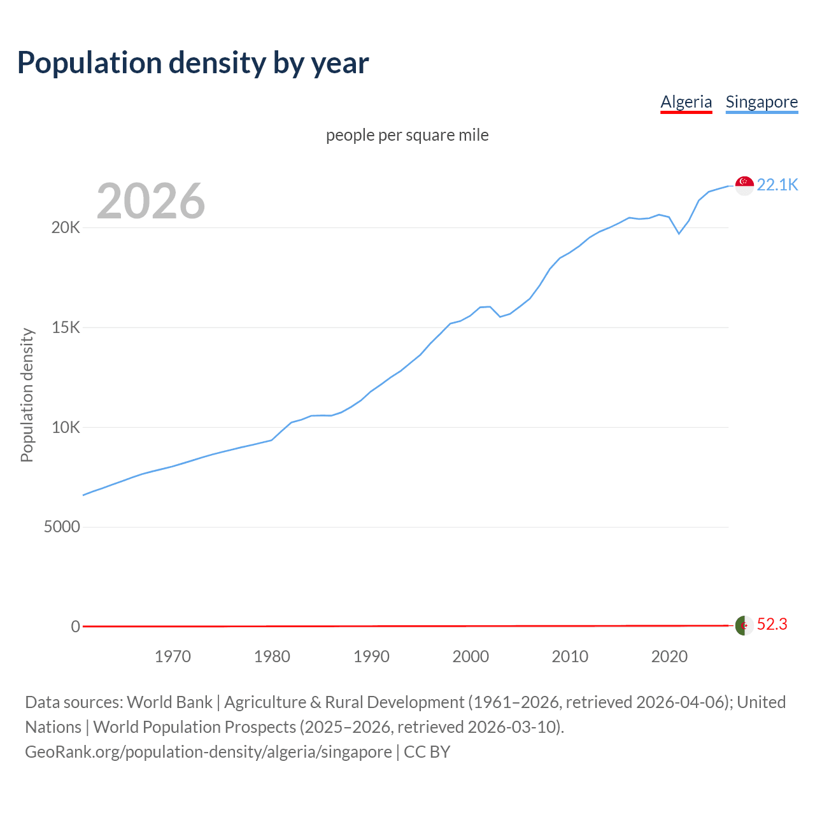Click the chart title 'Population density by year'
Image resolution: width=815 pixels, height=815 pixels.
[x=193, y=63]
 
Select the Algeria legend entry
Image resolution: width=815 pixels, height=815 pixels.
[x=686, y=102]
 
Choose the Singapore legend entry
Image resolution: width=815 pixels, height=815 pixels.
[x=762, y=102]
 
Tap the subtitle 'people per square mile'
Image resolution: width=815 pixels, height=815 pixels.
[x=407, y=135]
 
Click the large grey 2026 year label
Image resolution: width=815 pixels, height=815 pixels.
[x=151, y=201]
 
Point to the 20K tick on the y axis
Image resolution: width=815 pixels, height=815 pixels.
[x=66, y=228]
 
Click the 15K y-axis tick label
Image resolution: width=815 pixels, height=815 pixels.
[x=66, y=328]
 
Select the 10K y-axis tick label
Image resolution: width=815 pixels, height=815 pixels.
[x=66, y=427]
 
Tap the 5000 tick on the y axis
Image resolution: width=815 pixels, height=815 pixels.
[x=62, y=527]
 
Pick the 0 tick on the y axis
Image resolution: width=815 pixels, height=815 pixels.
[x=76, y=627]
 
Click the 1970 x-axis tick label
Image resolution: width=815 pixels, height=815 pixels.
[x=173, y=656]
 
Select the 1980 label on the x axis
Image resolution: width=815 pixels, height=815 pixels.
[x=272, y=656]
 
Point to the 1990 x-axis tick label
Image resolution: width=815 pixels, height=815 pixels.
[x=371, y=656]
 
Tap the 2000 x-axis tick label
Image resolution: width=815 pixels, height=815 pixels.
[x=471, y=656]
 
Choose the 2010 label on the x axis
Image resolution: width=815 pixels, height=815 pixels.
[x=570, y=656]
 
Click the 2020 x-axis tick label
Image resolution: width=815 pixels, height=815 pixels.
[x=669, y=656]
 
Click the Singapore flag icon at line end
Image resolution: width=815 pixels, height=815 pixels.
[x=744, y=185]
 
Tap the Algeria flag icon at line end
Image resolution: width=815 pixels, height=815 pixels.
[x=744, y=625]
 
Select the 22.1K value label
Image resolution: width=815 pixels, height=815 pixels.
[x=777, y=185]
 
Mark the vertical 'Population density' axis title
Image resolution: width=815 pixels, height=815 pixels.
[x=27, y=395]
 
